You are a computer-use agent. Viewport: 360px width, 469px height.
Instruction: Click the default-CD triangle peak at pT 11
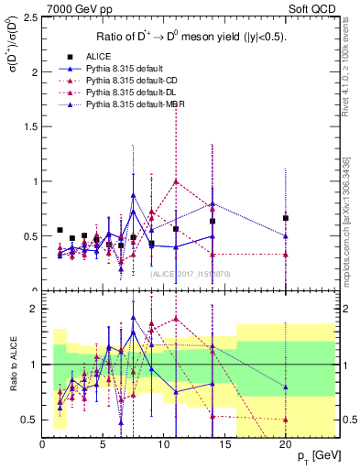pos(176,181)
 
